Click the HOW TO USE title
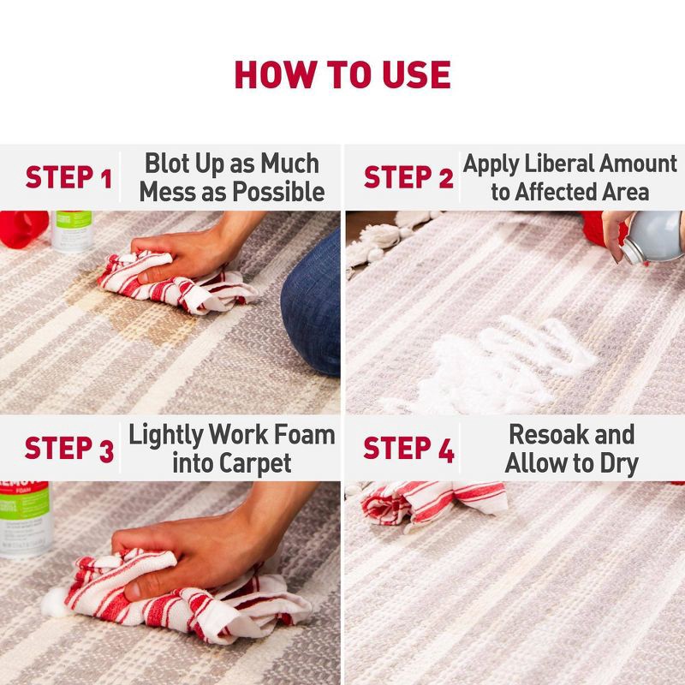pos(342,75)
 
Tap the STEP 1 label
pos(68,178)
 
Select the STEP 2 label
pos(408,178)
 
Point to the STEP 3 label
pos(68,449)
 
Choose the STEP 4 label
pos(408,449)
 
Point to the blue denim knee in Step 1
pos(313,300)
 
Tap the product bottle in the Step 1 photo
pos(74,231)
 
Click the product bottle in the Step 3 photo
pos(24,518)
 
